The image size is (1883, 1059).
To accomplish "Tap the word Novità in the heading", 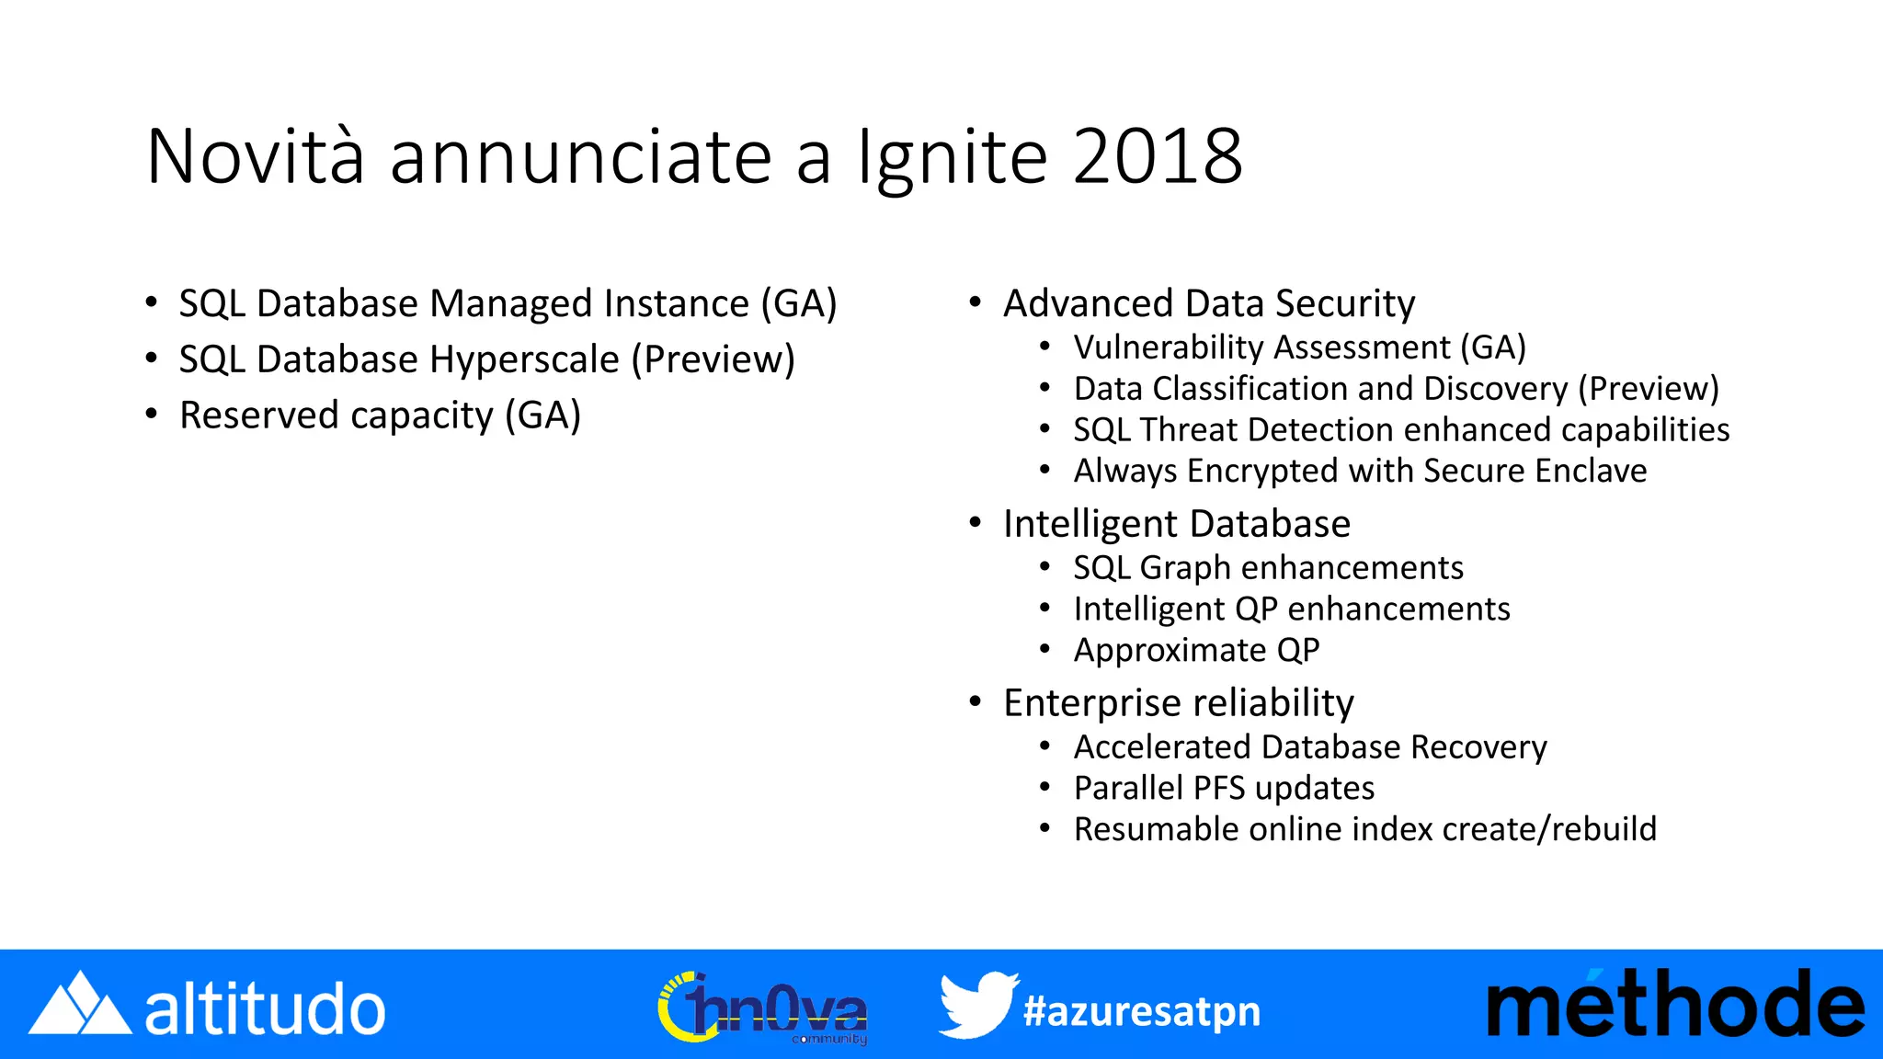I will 256,157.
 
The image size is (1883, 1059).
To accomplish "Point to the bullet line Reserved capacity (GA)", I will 380,416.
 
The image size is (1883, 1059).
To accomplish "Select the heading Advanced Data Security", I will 1208,303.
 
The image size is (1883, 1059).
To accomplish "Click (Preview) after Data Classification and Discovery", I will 1648,389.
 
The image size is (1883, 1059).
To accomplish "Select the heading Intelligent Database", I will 1176,524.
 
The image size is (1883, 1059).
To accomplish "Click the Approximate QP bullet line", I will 1196,651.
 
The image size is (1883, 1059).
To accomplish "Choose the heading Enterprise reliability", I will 1178,703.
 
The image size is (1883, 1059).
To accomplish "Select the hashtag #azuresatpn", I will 1142,1011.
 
